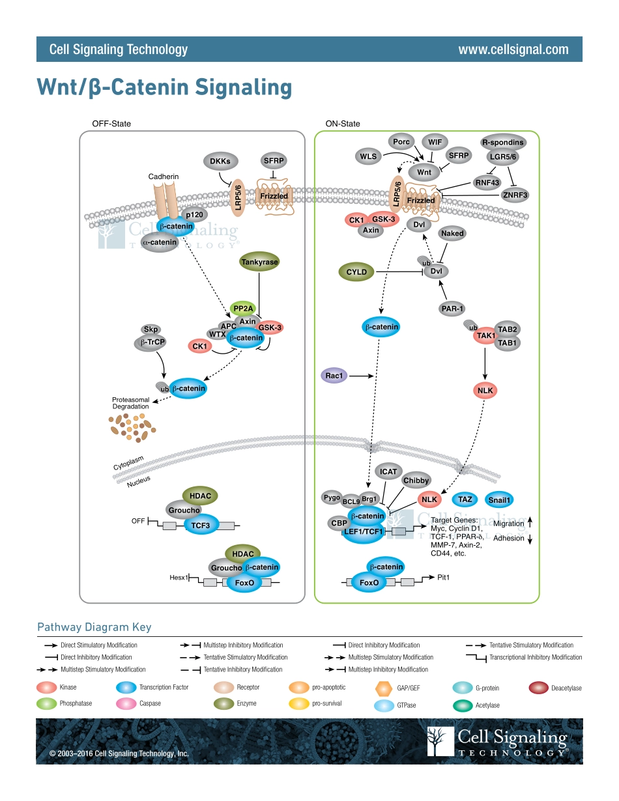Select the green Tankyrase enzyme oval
tap(259, 262)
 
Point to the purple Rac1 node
tap(334, 375)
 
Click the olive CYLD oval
tap(356, 272)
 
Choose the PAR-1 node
tap(452, 309)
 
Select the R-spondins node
tap(502, 142)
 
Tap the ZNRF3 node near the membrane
tap(515, 194)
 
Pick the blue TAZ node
tap(465, 499)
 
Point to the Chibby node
tap(416, 481)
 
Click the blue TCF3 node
tap(200, 525)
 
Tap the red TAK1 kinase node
tap(486, 335)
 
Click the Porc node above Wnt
tap(401, 141)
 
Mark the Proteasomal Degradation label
tap(130, 403)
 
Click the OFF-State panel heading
tap(111, 124)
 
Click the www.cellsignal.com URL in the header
tap(513, 49)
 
